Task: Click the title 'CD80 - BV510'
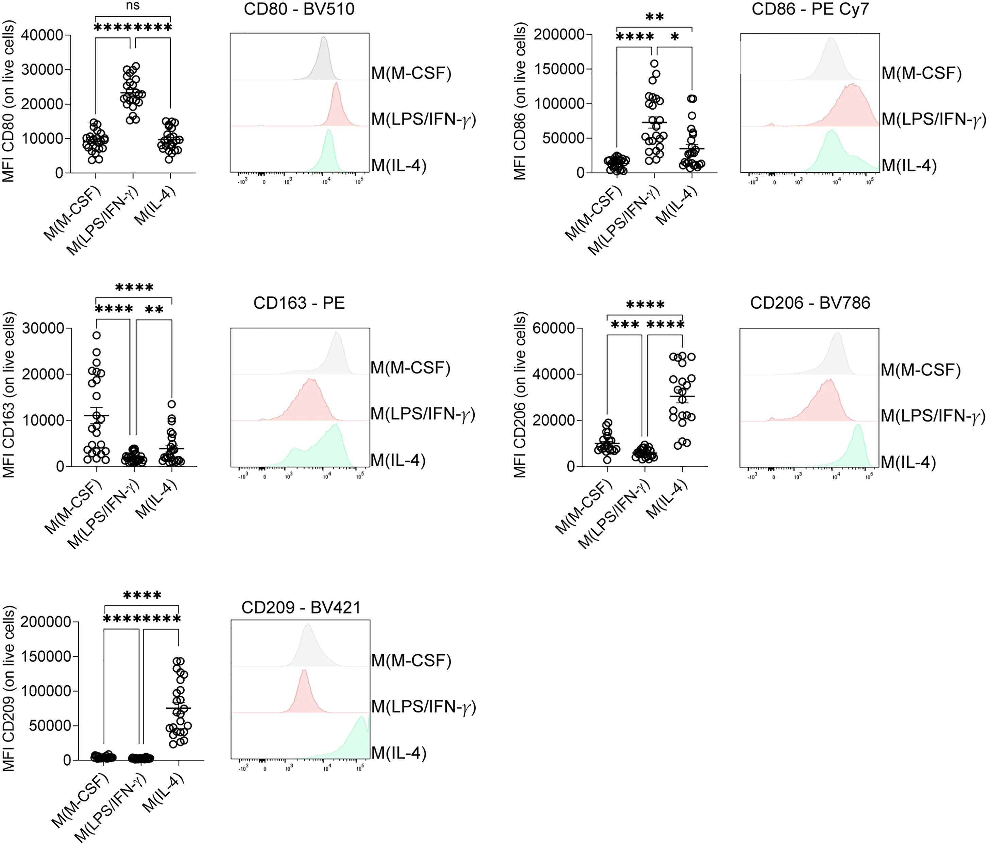tap(299, 9)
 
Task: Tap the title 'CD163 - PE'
tap(299, 303)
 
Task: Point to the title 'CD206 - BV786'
tap(810, 303)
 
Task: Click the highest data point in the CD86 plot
tap(654, 63)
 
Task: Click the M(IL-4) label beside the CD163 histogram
tap(398, 460)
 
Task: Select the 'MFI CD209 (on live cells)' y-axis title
tap(8, 689)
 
